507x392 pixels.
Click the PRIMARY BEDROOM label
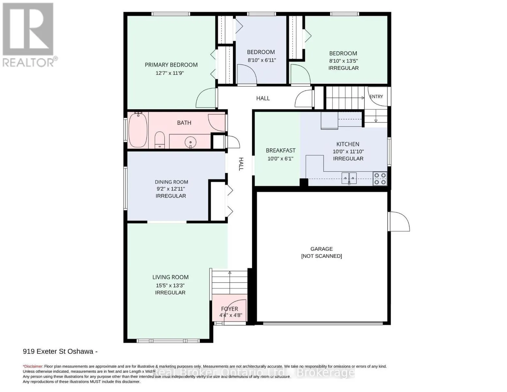(171, 65)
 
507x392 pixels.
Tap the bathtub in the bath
(138, 130)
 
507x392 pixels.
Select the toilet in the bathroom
(160, 140)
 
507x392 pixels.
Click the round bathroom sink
(191, 142)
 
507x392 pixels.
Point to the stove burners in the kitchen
(380, 179)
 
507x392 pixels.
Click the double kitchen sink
(349, 178)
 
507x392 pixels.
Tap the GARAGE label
(321, 249)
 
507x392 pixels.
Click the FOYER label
(230, 309)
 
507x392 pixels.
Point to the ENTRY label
(376, 96)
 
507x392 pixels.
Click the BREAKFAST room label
(281, 151)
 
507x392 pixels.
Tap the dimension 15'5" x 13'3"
(170, 286)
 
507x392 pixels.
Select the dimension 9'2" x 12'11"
(171, 189)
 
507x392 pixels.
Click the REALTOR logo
(29, 35)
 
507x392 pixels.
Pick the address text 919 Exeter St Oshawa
(58, 351)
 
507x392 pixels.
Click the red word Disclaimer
(33, 367)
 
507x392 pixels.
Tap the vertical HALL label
(241, 164)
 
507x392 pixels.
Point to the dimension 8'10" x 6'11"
(262, 60)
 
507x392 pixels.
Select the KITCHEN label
(348, 144)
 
